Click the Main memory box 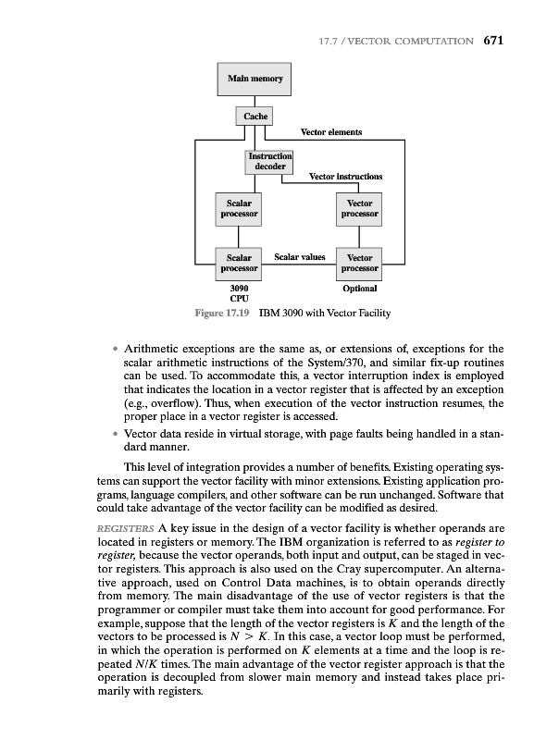(x=255, y=79)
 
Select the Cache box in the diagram (x=255, y=117)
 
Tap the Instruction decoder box (x=269, y=161)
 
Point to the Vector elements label (x=331, y=132)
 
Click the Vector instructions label (x=345, y=176)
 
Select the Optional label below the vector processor (x=359, y=290)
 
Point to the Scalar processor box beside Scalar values (x=238, y=262)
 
